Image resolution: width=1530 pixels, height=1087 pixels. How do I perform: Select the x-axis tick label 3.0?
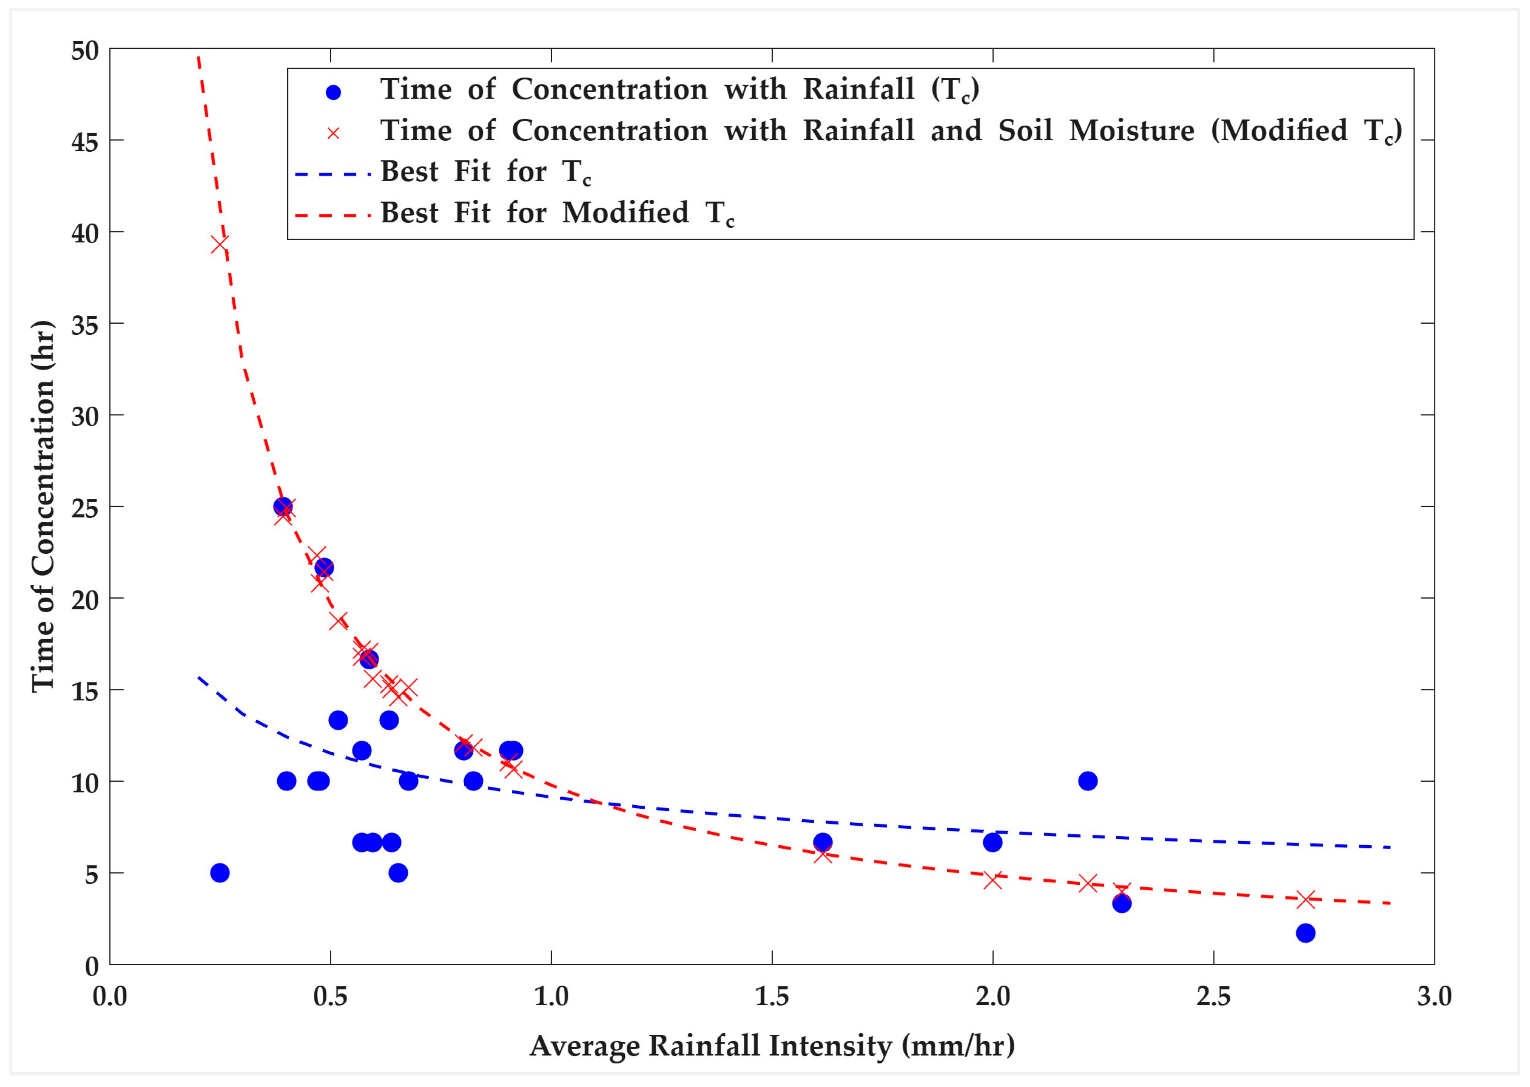pos(1434,996)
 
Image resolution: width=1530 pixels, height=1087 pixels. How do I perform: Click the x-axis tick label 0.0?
pos(110,996)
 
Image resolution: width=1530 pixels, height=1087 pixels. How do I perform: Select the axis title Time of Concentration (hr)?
pos(43,507)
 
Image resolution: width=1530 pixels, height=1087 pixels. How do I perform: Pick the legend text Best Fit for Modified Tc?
pos(557,213)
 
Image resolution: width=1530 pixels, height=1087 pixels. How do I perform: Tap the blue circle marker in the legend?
pos(333,92)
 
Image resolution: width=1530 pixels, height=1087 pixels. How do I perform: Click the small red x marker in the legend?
pos(333,133)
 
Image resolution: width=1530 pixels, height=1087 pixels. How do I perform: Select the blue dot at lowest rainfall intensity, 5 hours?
pos(220,873)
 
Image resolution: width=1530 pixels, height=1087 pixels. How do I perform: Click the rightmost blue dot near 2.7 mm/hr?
pos(1305,933)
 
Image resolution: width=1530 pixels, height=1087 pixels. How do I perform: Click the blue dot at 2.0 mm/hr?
pos(992,843)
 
